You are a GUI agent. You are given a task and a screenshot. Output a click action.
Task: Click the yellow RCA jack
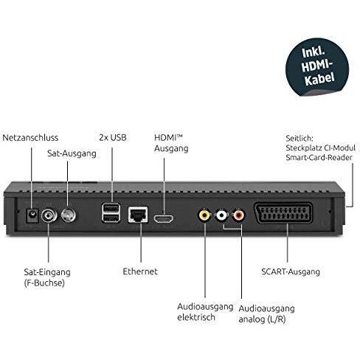204,215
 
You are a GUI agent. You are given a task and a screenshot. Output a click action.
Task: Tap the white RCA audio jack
221,215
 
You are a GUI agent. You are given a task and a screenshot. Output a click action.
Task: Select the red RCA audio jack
238,215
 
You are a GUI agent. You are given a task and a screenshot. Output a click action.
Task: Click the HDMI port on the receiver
163,218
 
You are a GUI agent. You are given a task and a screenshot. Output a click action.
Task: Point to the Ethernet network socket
138,215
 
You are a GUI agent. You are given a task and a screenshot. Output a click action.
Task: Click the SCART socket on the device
283,212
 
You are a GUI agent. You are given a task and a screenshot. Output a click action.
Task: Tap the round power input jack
32,215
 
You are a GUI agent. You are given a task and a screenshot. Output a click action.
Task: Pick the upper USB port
111,208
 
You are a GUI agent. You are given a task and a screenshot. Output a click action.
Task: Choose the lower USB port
111,218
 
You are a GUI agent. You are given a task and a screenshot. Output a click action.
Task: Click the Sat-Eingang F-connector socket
49,215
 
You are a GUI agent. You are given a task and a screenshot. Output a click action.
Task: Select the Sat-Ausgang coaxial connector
69,215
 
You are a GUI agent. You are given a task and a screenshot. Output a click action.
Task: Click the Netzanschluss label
30,138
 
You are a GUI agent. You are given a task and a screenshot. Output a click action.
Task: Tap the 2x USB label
113,137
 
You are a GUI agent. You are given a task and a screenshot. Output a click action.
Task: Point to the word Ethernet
140,271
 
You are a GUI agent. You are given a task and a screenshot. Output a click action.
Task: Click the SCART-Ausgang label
291,271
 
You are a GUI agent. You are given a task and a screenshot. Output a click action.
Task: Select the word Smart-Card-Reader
319,157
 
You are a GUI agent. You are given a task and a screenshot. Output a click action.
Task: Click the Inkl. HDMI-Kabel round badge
317,67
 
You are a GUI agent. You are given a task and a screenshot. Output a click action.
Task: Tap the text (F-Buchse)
44,283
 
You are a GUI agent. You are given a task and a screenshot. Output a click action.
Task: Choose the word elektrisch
196,317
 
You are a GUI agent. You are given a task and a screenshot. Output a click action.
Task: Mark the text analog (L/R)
262,319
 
